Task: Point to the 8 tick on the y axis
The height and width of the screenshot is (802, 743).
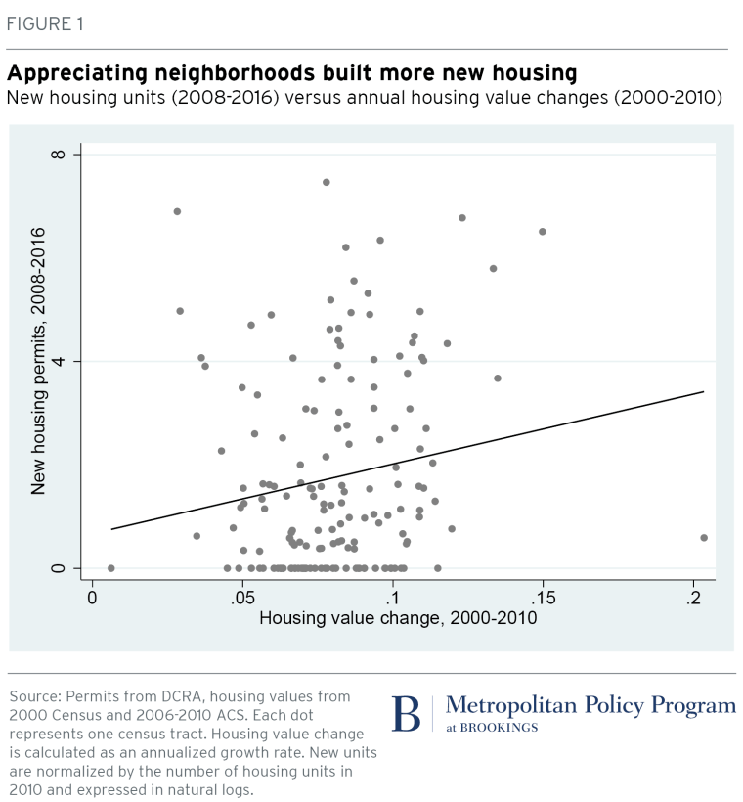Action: (59, 155)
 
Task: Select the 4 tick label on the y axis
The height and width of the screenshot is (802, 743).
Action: (59, 362)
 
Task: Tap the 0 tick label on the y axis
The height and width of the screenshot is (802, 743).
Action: (59, 568)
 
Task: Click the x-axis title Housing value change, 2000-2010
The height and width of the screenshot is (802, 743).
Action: (398, 618)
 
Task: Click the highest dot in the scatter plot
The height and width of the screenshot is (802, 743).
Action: (327, 182)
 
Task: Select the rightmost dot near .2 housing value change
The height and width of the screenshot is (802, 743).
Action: (704, 538)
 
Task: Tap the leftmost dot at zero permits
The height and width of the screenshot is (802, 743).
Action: (111, 568)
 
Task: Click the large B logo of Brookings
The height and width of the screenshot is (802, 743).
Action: (406, 714)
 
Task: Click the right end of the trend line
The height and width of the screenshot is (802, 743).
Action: (703, 392)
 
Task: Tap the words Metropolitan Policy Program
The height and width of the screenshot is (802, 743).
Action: (590, 706)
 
